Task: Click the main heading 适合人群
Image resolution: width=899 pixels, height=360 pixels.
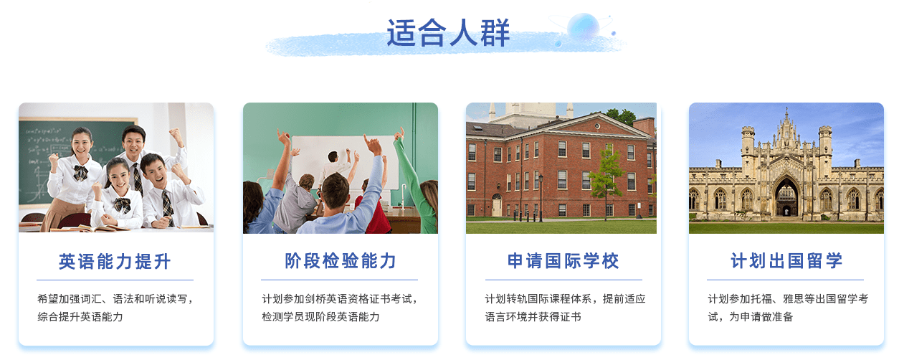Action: click(448, 33)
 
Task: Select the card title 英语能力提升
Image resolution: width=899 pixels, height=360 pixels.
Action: click(115, 262)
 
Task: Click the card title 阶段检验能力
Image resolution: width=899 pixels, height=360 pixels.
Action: click(341, 261)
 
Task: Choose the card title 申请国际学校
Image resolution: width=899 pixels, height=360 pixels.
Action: click(563, 261)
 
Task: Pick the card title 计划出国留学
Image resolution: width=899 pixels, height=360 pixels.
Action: click(786, 261)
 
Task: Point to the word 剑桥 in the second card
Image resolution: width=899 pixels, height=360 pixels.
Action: click(315, 299)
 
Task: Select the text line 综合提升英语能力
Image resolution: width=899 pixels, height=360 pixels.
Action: click(80, 317)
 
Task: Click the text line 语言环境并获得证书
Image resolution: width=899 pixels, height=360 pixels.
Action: click(533, 317)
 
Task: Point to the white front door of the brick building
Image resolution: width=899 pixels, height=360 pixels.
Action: click(497, 206)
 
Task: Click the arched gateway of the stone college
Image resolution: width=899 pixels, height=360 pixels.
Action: click(786, 196)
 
